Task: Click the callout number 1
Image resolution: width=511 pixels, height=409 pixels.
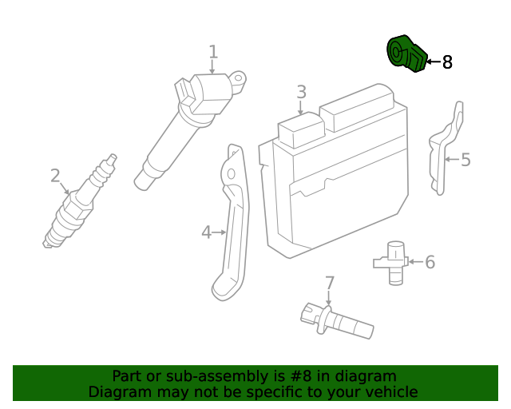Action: tap(213, 52)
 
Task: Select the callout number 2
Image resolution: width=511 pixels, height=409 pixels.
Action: tap(55, 175)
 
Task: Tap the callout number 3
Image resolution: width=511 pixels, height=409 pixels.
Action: tap(301, 92)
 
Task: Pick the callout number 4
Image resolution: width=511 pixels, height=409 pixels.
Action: tap(206, 232)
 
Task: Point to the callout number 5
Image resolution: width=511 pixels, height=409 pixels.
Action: tap(465, 160)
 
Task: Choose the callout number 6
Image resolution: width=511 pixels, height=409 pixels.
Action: tap(430, 261)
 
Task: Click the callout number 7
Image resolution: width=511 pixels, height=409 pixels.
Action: tap(329, 283)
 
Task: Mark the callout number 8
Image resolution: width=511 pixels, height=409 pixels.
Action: tap(447, 62)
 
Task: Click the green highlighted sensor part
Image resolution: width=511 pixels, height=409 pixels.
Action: tap(406, 54)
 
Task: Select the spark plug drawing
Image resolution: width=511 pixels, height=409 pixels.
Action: tap(78, 204)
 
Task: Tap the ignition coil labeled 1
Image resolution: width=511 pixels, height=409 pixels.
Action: tap(184, 128)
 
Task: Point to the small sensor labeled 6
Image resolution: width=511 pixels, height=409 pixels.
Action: tap(392, 260)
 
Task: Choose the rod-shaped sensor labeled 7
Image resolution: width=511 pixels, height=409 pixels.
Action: tap(335, 321)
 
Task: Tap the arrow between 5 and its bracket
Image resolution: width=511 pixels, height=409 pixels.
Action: tap(451, 160)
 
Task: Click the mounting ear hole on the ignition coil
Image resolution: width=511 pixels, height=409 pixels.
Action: tap(240, 77)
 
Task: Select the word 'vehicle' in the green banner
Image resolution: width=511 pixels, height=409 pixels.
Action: tap(390, 391)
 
